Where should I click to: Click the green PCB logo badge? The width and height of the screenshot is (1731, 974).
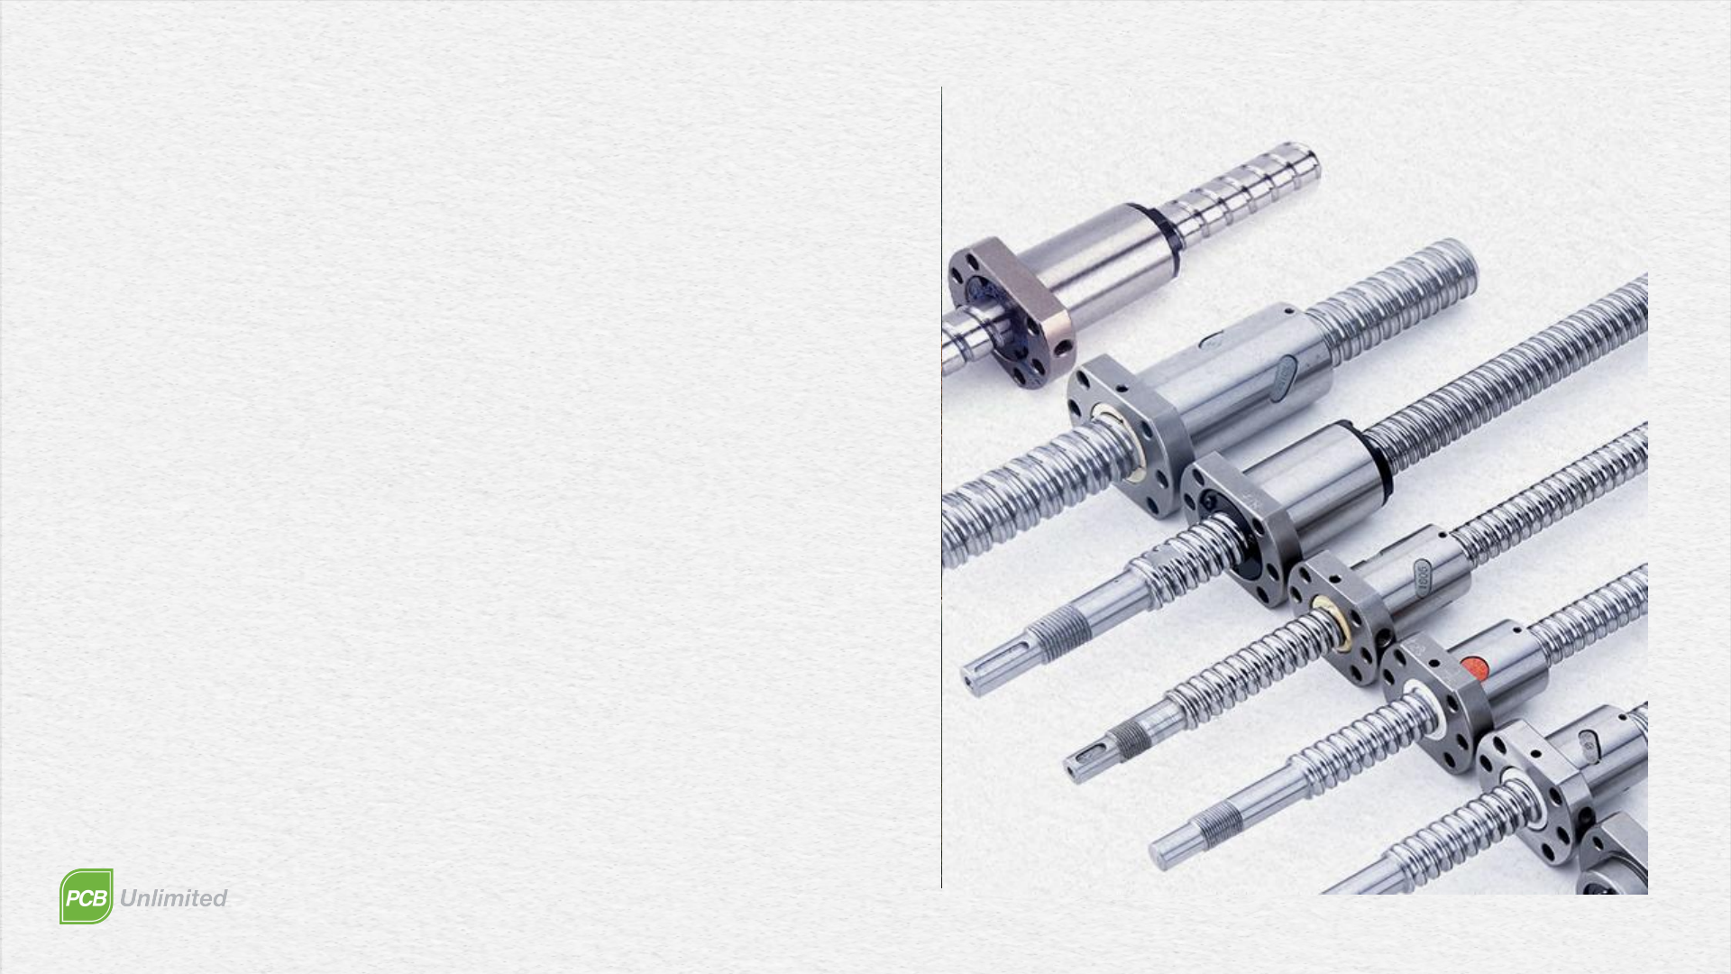[x=87, y=896]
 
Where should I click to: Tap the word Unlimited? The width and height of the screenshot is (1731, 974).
[x=173, y=898]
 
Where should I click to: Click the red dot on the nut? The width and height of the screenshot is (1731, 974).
[x=1474, y=667]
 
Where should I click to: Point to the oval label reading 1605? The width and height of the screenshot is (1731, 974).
[x=1423, y=578]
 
